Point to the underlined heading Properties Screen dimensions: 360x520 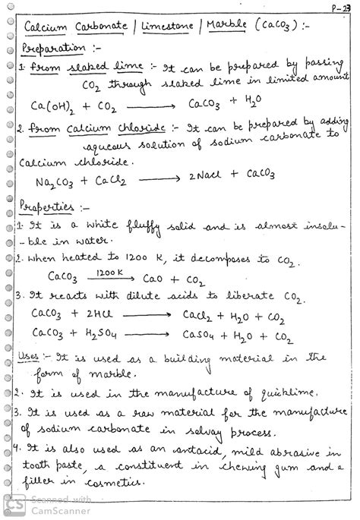[47, 206]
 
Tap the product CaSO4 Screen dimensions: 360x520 [201, 335]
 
